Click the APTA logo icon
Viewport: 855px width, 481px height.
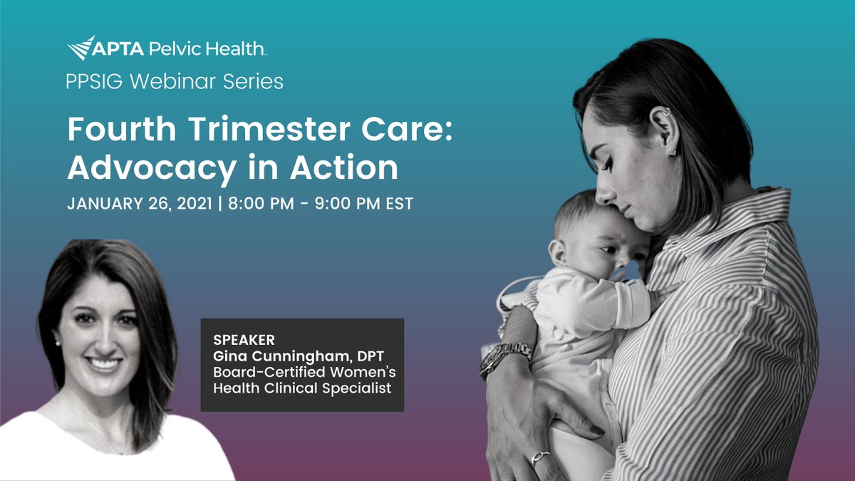pos(81,48)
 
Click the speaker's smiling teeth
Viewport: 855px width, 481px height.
pos(105,365)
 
